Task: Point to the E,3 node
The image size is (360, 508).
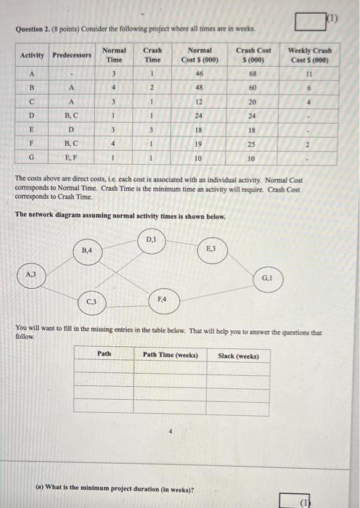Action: click(211, 250)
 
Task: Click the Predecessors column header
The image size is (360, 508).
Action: click(73, 54)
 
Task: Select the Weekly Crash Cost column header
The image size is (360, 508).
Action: click(309, 54)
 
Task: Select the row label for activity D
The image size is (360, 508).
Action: click(31, 115)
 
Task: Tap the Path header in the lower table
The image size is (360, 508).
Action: click(105, 355)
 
